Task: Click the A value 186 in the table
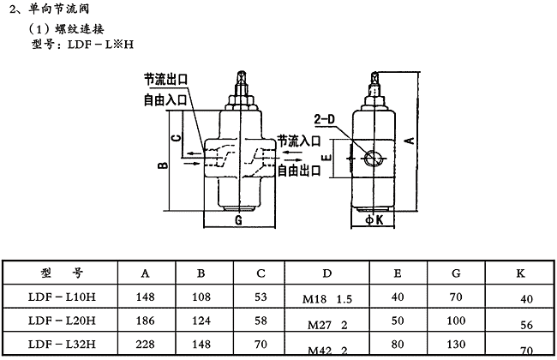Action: (x=146, y=321)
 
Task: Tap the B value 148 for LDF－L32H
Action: (x=201, y=344)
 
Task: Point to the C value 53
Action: (x=261, y=297)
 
